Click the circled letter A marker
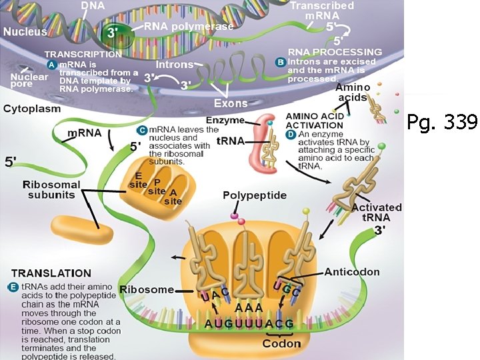point(51,65)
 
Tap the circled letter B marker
point(281,62)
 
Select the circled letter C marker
point(141,129)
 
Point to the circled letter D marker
point(291,134)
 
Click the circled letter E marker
point(13,287)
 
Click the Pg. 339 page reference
point(442,122)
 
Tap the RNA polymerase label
point(189,27)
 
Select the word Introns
point(175,65)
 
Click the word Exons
point(231,103)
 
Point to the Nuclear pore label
point(29,81)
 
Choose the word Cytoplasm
point(32,108)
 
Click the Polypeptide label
point(254,195)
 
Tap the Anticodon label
point(352,271)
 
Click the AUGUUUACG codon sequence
point(249,324)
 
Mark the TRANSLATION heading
point(51,273)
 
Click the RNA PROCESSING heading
point(335,51)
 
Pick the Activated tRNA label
point(381,212)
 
